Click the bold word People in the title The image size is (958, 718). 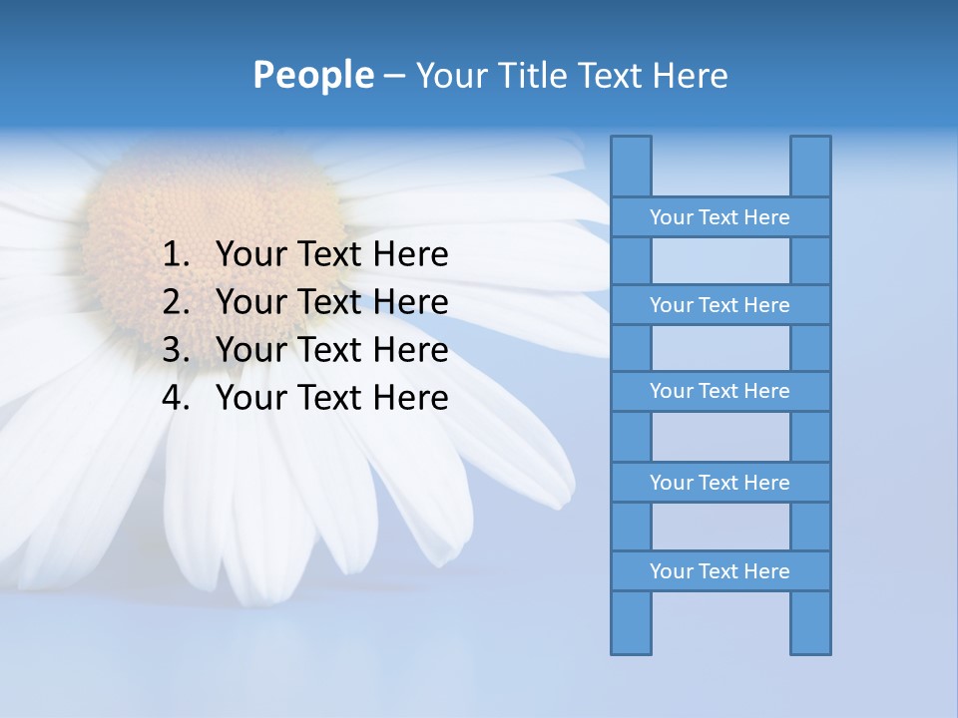click(x=312, y=75)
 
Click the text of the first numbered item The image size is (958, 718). click(x=331, y=255)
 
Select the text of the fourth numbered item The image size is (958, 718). click(x=331, y=399)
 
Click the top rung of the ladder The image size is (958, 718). click(x=719, y=217)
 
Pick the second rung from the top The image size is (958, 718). click(x=719, y=305)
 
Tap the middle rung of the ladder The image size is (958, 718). click(x=719, y=392)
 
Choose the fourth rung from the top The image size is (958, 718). click(x=719, y=483)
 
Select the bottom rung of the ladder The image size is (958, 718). click(x=719, y=571)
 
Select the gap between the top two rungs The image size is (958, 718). click(x=720, y=261)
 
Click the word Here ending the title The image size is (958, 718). click(x=690, y=76)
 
